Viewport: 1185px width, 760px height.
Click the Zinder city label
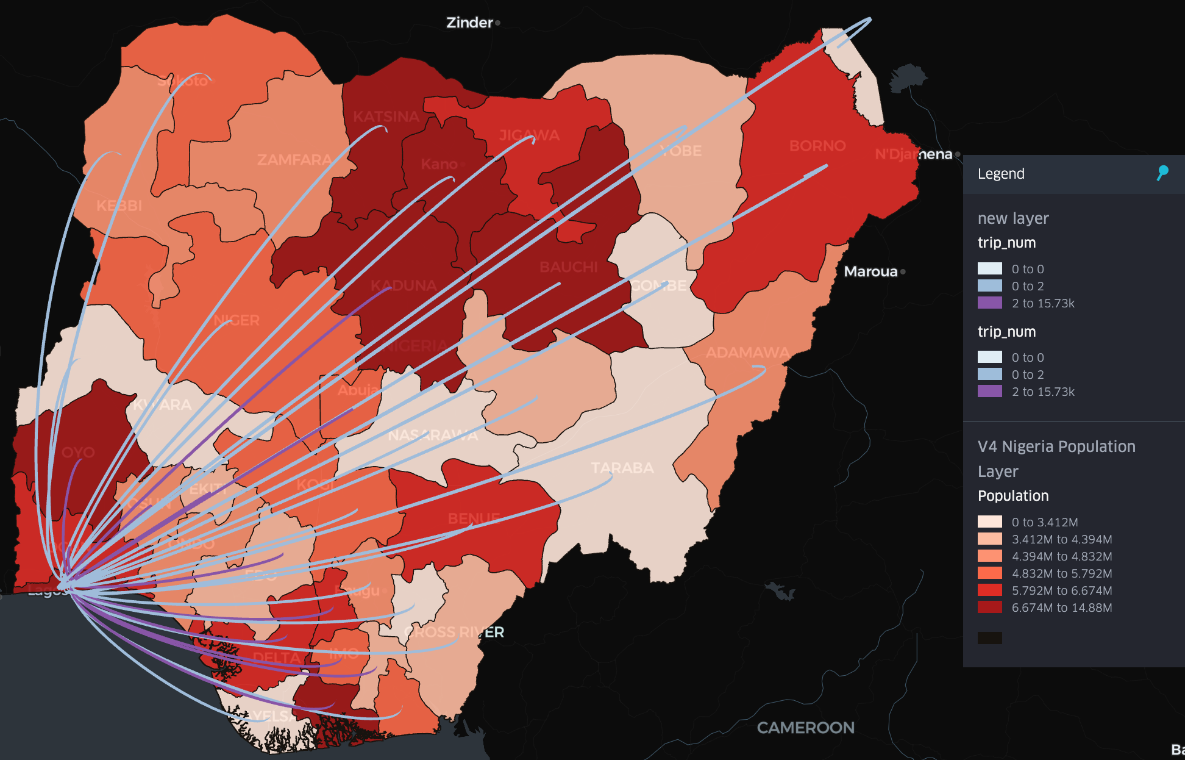coord(469,23)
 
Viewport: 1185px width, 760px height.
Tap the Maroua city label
coord(870,271)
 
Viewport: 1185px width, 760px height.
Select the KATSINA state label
coord(386,117)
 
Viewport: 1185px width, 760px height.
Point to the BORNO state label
coord(817,146)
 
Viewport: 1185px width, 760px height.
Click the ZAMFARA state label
coord(294,160)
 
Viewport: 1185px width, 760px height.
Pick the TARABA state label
coord(622,468)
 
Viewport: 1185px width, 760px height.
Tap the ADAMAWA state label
coord(747,353)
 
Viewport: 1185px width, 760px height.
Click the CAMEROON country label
coord(805,728)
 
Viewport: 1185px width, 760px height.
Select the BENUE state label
coord(474,518)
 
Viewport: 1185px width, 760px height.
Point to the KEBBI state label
coord(119,206)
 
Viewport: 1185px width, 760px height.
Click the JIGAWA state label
coord(529,135)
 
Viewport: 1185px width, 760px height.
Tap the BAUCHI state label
coord(568,267)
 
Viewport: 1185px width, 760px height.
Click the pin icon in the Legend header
coord(1162,173)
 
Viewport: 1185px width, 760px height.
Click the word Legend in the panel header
coord(1001,174)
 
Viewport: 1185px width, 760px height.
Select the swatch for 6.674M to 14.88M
coord(989,608)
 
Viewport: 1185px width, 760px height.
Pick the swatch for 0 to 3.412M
coord(989,522)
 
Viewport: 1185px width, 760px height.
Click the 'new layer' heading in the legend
coord(1013,218)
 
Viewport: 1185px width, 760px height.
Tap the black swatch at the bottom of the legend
coord(989,638)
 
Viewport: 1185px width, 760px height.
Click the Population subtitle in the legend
coord(1013,496)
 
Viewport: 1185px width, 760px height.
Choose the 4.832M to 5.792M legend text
coord(1061,573)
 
